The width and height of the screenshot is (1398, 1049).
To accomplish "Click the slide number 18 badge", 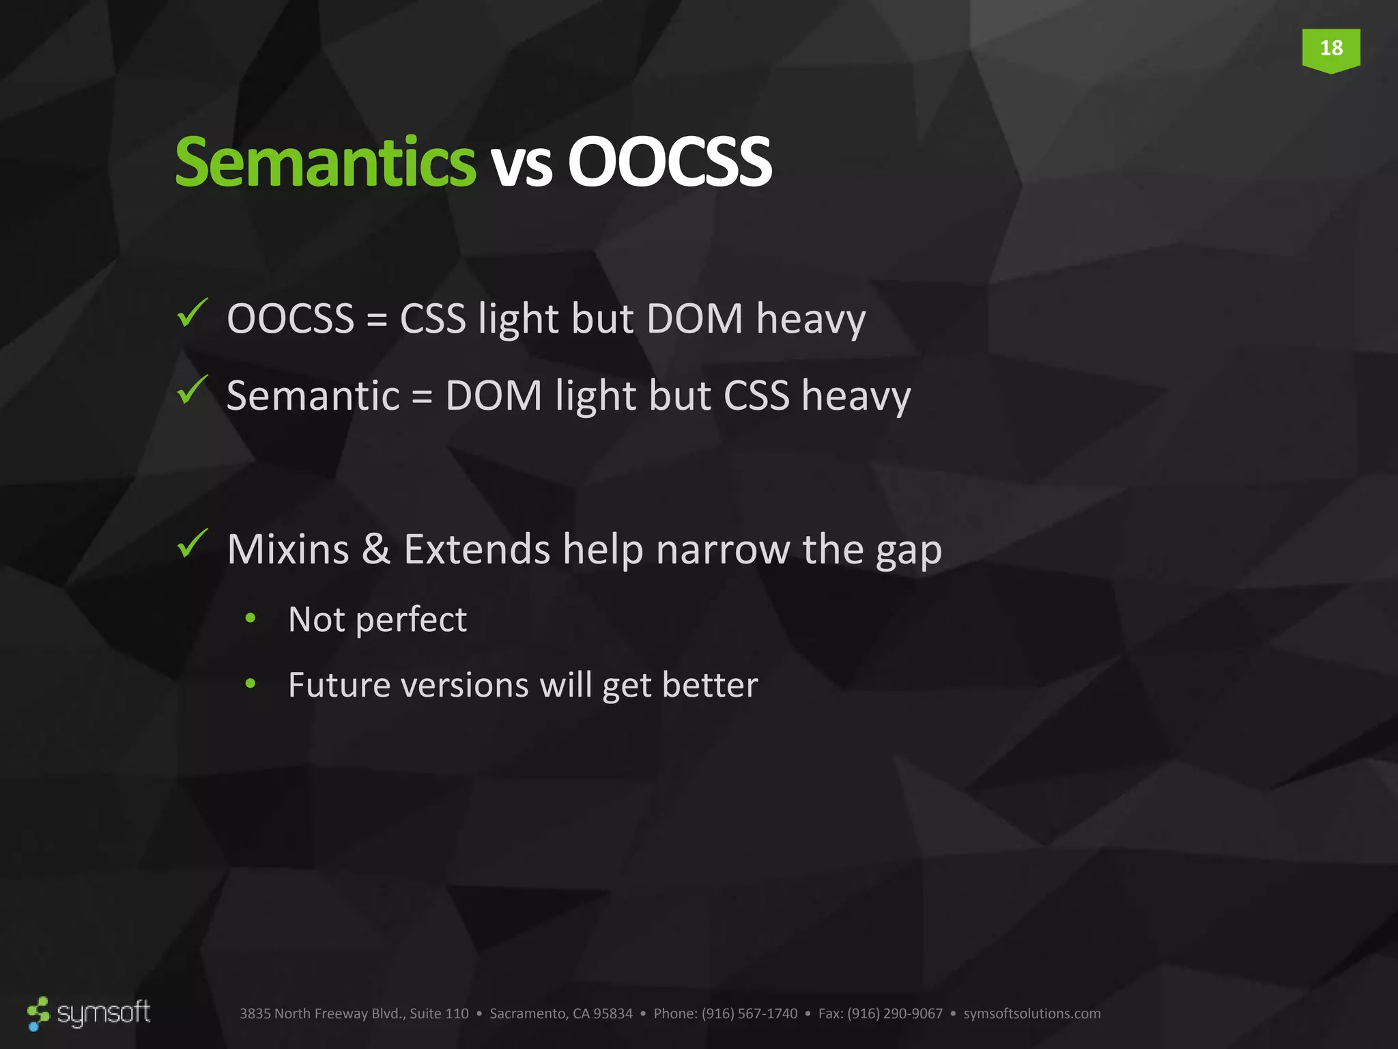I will (1330, 48).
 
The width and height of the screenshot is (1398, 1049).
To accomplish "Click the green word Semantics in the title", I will (325, 162).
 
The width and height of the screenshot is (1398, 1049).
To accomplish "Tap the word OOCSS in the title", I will (669, 162).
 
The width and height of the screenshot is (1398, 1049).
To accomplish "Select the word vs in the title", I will (522, 166).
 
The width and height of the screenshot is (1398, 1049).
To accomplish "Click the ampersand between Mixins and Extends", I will (376, 549).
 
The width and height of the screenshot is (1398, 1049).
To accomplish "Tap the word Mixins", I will (287, 549).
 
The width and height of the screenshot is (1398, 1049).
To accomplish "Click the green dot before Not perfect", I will (251, 618).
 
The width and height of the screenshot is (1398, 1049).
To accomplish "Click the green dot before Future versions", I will (251, 683).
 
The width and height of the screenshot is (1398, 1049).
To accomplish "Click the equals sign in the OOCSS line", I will (377, 320).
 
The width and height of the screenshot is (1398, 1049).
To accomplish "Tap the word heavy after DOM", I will (810, 321).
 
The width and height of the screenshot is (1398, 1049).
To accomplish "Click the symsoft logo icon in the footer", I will (39, 1013).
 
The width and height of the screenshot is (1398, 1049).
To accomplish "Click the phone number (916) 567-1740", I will (749, 1013).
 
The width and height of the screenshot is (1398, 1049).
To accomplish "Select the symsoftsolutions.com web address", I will (1031, 1013).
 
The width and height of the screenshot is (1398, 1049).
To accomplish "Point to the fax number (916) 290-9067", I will (894, 1013).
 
